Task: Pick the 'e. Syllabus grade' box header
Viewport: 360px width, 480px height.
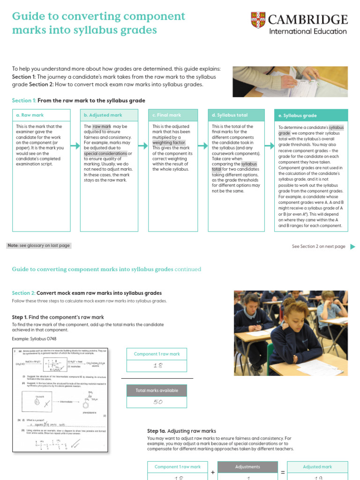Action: click(311, 115)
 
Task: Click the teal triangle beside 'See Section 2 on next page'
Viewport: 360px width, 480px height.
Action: click(352, 247)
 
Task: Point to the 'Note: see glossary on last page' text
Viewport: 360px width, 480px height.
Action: click(39, 246)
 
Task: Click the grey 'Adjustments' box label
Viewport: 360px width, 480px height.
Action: click(248, 467)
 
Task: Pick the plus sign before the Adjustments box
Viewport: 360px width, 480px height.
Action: click(213, 472)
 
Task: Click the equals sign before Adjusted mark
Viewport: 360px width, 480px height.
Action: click(283, 472)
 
